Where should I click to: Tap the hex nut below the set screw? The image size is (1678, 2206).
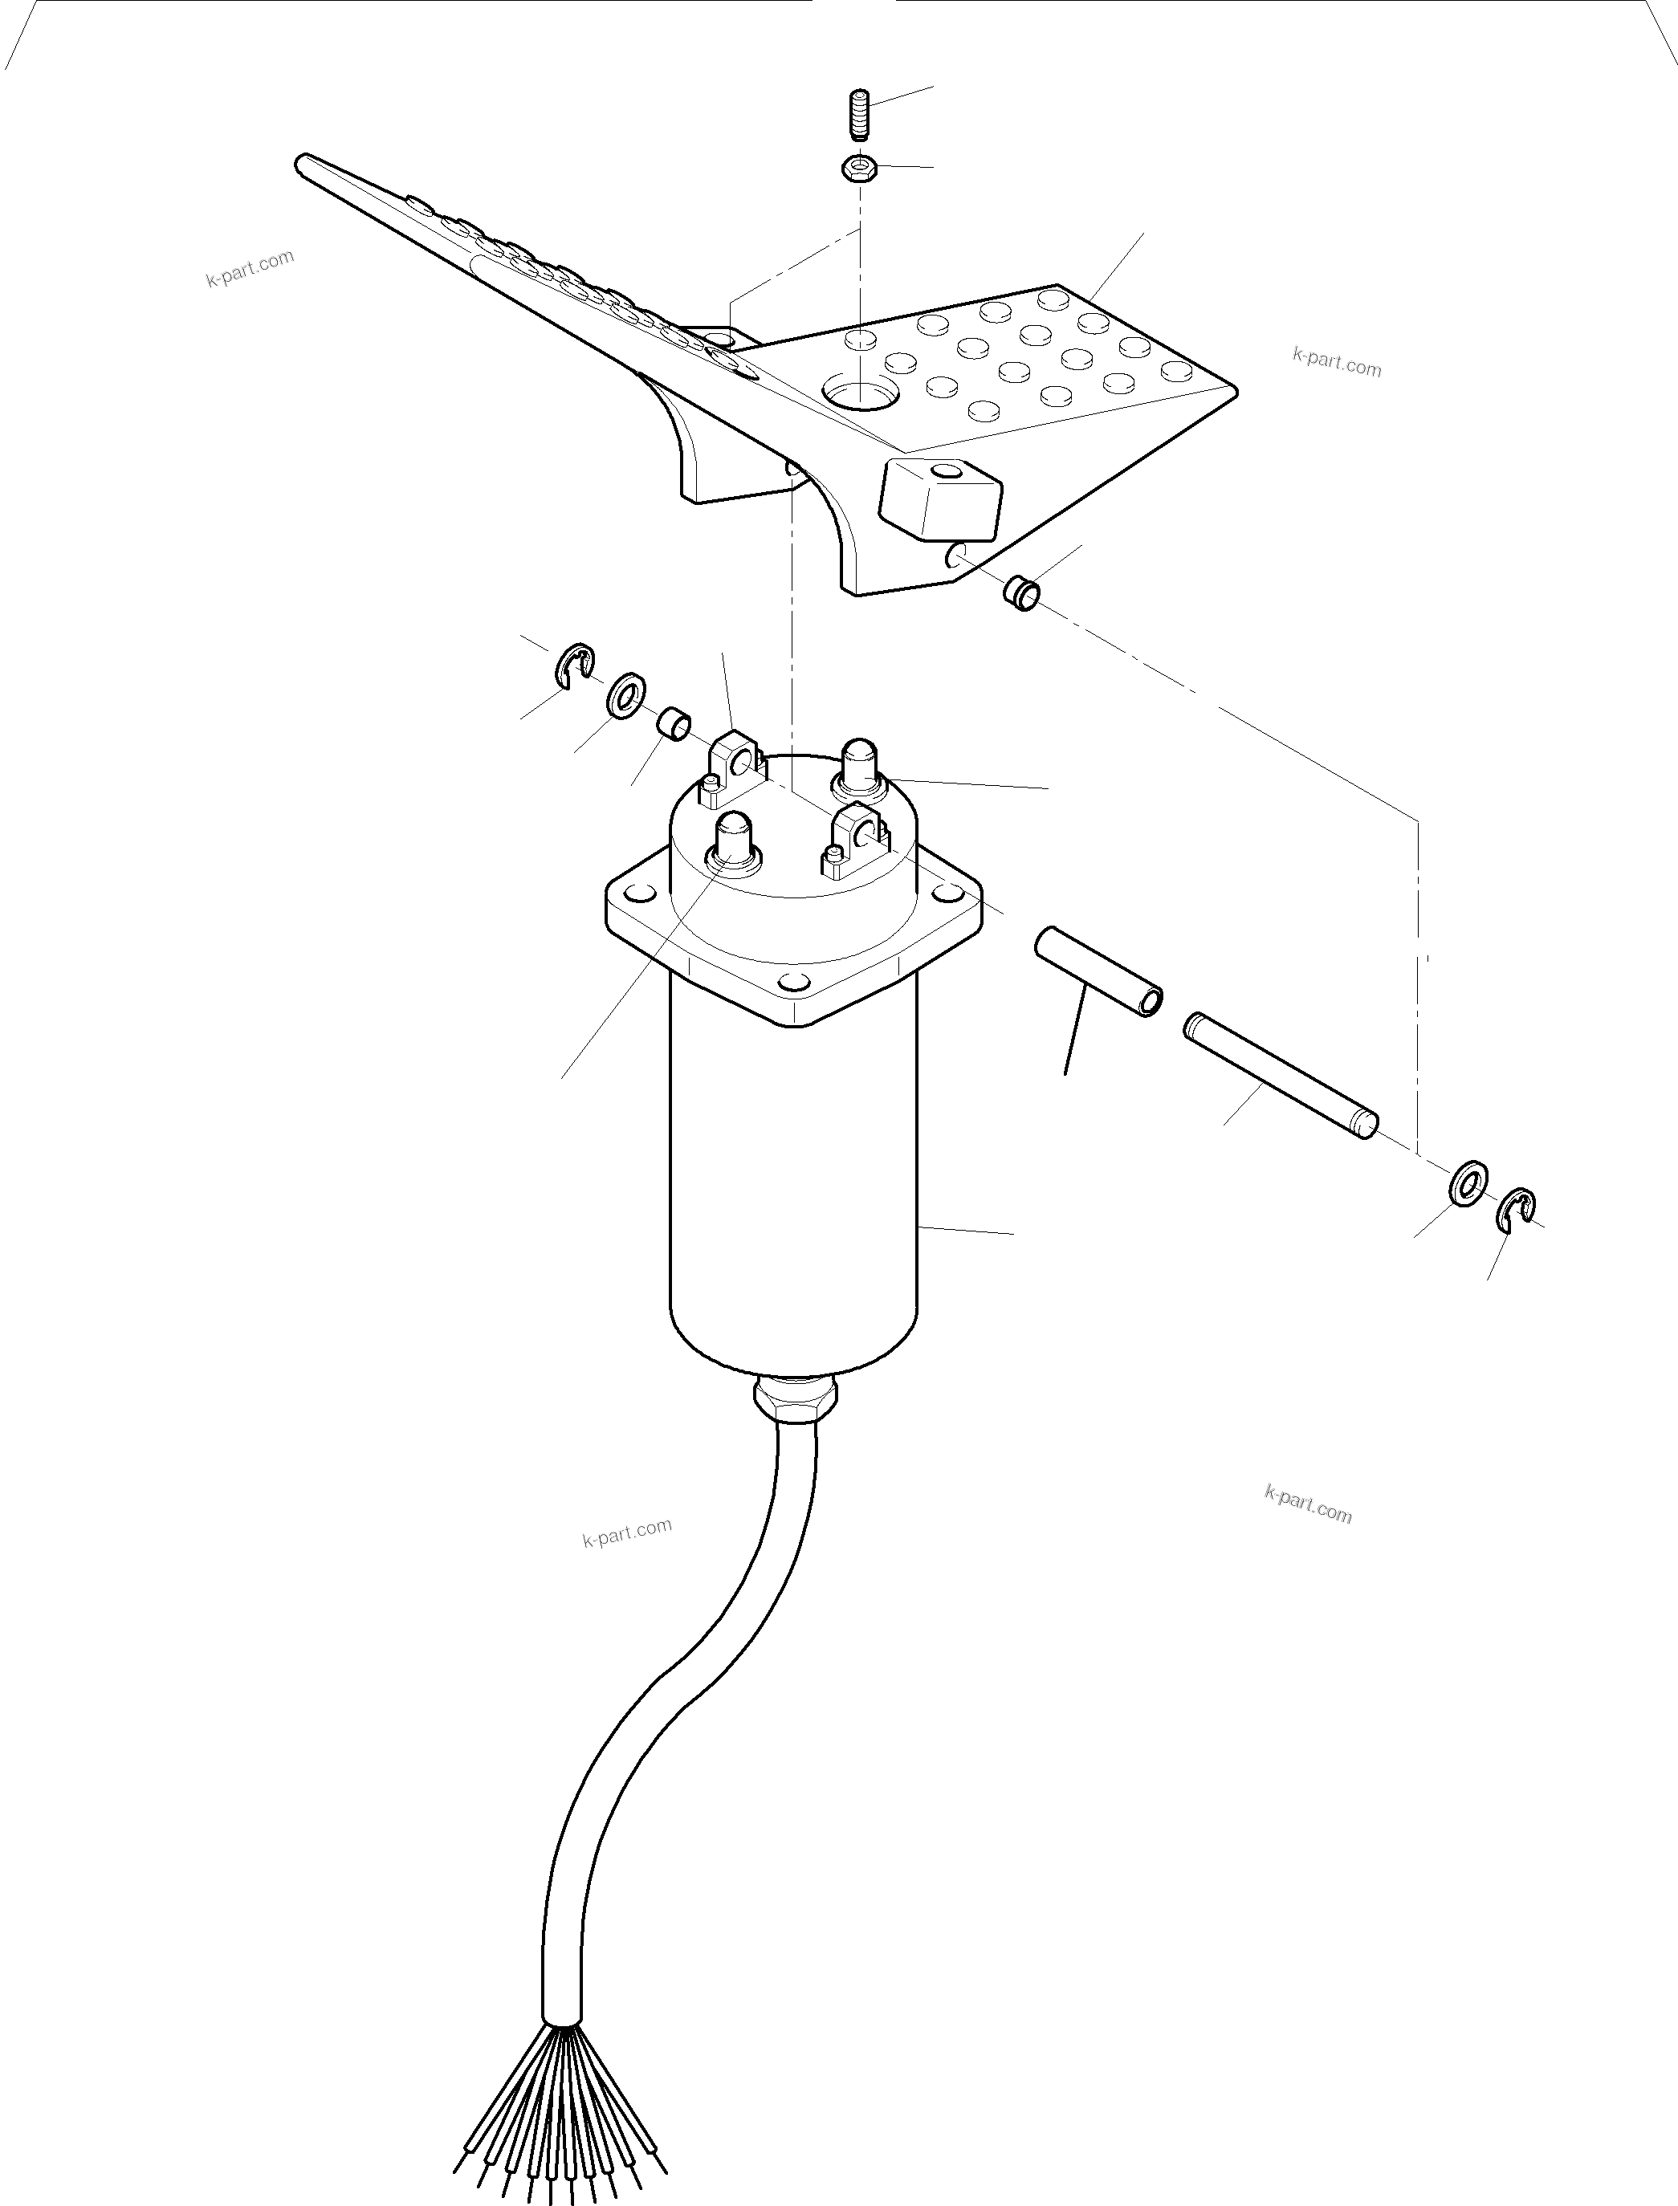859,168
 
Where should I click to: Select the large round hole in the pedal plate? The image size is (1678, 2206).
857,393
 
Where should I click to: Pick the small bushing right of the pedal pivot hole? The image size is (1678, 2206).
1020,593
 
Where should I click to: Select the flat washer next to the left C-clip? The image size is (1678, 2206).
625,694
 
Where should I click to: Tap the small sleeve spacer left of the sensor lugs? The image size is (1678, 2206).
674,723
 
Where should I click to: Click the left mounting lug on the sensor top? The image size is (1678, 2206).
737,767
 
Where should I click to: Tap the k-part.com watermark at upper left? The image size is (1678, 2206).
250,267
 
